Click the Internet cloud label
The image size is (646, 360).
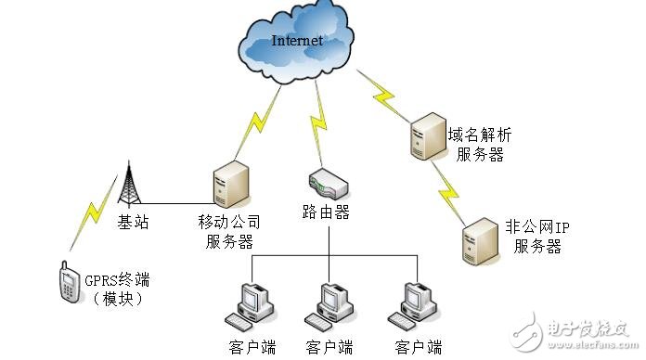coord(297,41)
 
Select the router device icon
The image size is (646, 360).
coord(328,181)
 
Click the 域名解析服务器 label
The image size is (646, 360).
coord(480,144)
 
